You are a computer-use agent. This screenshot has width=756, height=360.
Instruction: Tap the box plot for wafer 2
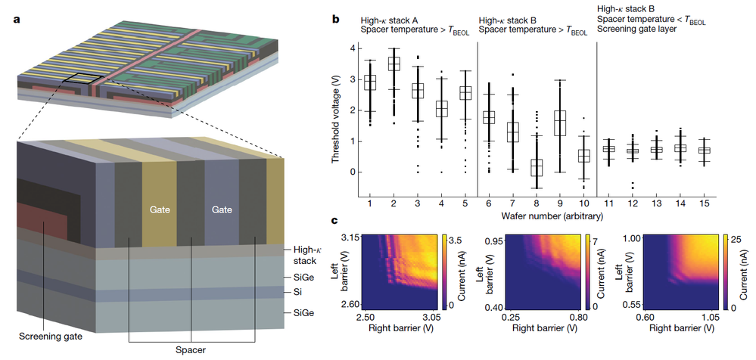point(394,64)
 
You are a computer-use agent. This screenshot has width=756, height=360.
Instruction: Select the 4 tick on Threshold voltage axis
point(350,48)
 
